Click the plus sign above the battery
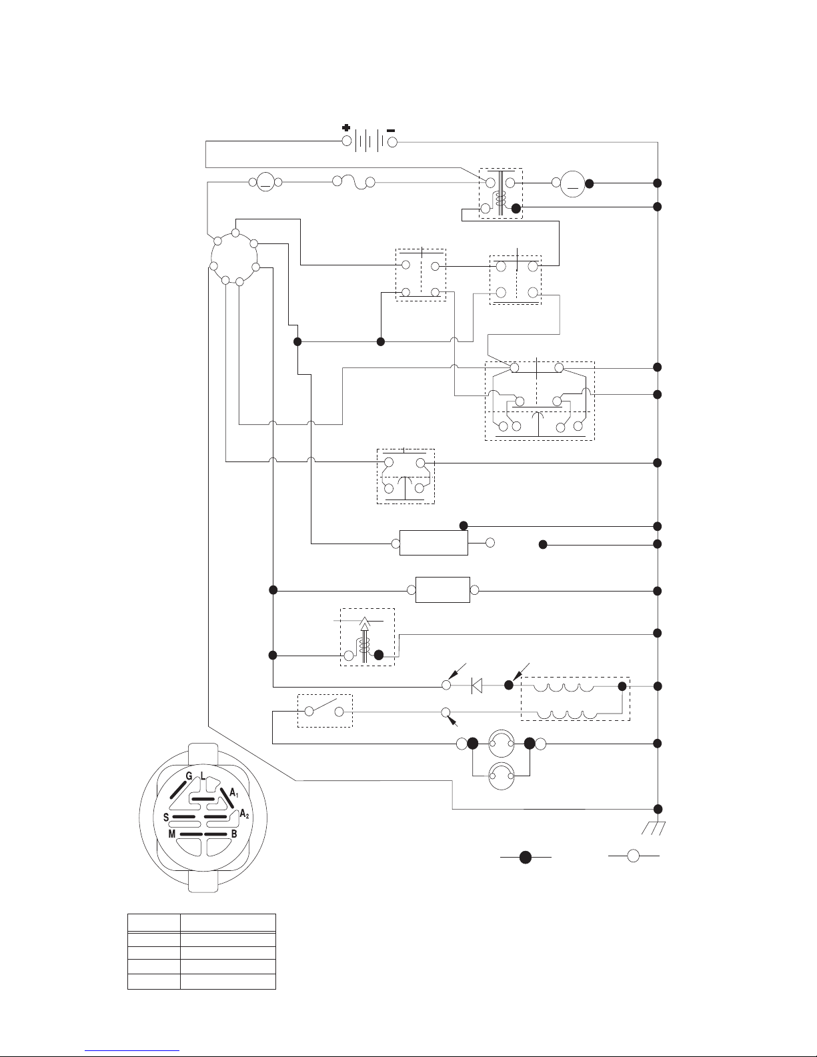tap(345, 128)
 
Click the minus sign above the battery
tap(391, 130)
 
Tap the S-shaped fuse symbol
tap(353, 183)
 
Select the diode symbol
tap(477, 686)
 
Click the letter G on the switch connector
tap(189, 776)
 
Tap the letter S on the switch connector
tap(166, 818)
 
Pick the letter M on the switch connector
tap(171, 834)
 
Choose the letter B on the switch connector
tap(234, 834)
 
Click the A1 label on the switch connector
tap(234, 794)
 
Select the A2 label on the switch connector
tap(244, 814)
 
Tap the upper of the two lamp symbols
tap(501, 744)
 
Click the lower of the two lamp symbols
tap(501, 776)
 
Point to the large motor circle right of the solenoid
tap(573, 184)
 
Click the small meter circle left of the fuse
tap(265, 182)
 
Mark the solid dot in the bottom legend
tap(526, 858)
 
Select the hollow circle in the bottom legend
tap(633, 856)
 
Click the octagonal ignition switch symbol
tap(234, 257)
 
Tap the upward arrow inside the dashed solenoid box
tap(364, 638)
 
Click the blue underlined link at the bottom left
tap(132, 1048)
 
